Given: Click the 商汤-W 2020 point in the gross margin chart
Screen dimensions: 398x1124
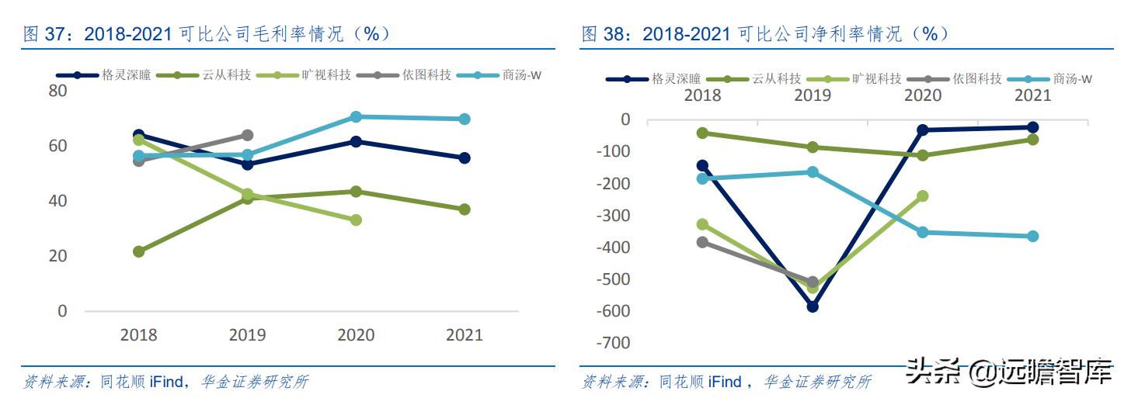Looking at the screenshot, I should (356, 117).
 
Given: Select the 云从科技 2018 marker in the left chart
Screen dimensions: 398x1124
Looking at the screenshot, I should (139, 251).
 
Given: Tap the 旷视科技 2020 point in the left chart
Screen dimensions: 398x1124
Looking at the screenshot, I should (356, 220).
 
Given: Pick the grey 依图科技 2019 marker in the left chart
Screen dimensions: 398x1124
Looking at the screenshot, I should (248, 136).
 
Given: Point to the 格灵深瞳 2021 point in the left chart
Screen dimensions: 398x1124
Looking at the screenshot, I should (465, 157).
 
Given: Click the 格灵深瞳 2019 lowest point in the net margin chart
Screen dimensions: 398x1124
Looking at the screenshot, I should (813, 306).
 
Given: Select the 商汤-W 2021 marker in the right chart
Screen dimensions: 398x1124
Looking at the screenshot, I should (1032, 236).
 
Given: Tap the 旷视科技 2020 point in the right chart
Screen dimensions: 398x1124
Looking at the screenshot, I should (923, 196).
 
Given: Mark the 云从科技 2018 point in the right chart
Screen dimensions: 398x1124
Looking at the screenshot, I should (702, 133).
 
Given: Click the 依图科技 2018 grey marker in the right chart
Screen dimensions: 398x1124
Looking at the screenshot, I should (702, 242).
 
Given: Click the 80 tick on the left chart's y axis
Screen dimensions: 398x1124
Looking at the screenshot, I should (58, 91).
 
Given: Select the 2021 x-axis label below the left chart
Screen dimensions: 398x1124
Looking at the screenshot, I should (464, 335).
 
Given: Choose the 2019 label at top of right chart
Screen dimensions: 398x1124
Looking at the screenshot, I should (812, 95).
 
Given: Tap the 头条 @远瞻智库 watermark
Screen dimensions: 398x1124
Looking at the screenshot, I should (1009, 373).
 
